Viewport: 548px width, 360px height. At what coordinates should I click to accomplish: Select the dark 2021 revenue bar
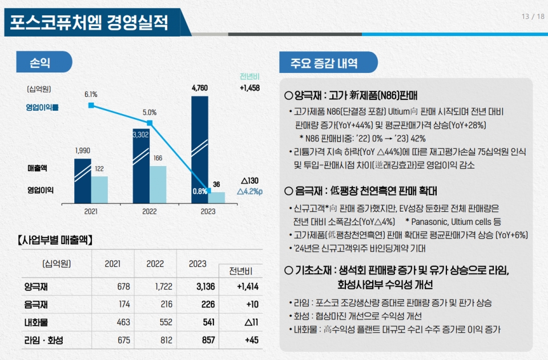(x=82, y=180)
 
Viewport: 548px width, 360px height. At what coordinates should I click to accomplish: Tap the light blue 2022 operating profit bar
(x=158, y=184)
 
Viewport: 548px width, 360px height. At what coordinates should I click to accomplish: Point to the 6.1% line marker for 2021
(x=91, y=106)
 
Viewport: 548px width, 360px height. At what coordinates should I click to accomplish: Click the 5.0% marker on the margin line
(x=150, y=123)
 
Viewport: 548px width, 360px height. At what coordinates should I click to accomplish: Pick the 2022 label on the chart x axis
(x=150, y=212)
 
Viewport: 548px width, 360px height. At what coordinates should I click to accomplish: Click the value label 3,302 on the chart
(x=140, y=135)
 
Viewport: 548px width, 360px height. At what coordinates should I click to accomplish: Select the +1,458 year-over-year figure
(x=249, y=88)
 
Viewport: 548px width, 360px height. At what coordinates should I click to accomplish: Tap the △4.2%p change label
(x=249, y=191)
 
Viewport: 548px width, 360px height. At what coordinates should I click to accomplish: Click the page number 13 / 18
(x=533, y=16)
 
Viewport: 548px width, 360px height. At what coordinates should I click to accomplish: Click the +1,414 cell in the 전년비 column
(x=248, y=286)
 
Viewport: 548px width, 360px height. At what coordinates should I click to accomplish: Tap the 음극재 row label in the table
(x=35, y=305)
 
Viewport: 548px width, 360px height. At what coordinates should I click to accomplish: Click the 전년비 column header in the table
(x=241, y=270)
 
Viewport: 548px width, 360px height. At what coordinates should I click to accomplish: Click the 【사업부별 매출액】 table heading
(x=55, y=240)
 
